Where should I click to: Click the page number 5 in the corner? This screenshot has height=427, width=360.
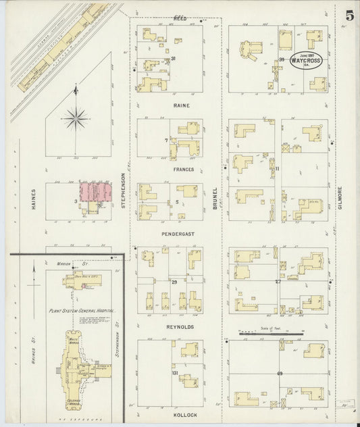pos(348,16)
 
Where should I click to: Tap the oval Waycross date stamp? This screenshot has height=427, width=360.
pos(306,61)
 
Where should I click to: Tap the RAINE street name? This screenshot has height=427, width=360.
pos(181,105)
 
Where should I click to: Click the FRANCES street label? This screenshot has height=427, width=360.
pos(183,170)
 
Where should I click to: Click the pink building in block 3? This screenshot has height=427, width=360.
pos(95,193)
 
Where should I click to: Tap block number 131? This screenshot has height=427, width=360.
pos(175,373)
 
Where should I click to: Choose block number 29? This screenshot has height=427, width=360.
pos(174,282)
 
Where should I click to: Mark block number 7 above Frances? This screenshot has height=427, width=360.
pos(165,141)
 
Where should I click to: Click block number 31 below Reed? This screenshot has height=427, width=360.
pos(174,59)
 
